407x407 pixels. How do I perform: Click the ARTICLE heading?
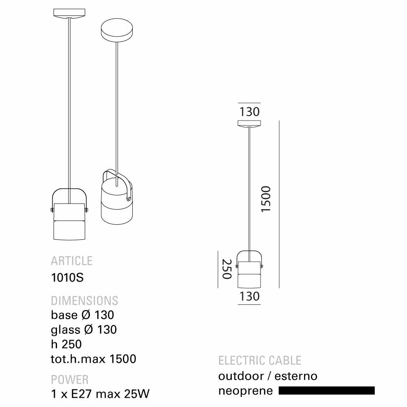(x=72, y=260)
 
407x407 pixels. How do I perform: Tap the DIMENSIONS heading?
(x=84, y=301)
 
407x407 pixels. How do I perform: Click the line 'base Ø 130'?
(x=82, y=315)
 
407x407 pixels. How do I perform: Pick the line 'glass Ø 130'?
(x=84, y=329)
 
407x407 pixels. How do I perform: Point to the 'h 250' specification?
(x=66, y=344)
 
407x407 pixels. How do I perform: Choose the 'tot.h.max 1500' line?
(x=94, y=359)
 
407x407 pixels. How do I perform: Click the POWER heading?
(x=70, y=380)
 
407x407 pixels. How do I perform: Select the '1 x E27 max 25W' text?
(x=100, y=394)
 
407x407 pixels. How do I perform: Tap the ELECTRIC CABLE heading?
(x=260, y=361)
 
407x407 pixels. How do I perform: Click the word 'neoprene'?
(x=245, y=391)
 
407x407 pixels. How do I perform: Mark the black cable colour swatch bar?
(x=326, y=391)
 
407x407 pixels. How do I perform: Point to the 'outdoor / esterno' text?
(x=268, y=376)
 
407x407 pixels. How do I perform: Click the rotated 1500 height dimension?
(x=266, y=199)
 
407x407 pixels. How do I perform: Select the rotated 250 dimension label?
(x=226, y=269)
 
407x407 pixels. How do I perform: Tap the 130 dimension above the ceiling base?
(x=249, y=112)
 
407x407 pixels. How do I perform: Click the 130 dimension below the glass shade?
(x=249, y=296)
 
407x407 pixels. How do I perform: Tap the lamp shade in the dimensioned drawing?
(x=249, y=274)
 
